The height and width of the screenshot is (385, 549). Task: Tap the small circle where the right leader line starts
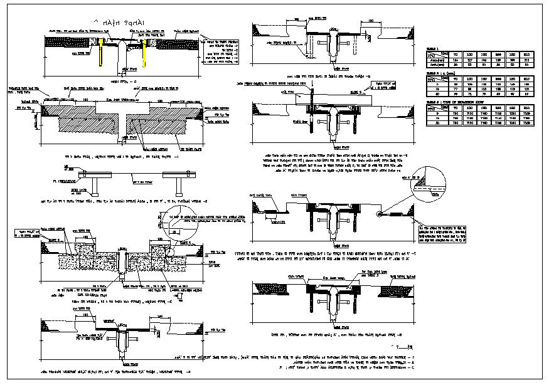coord(379,214)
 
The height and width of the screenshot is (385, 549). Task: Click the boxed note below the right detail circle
coord(440,233)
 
